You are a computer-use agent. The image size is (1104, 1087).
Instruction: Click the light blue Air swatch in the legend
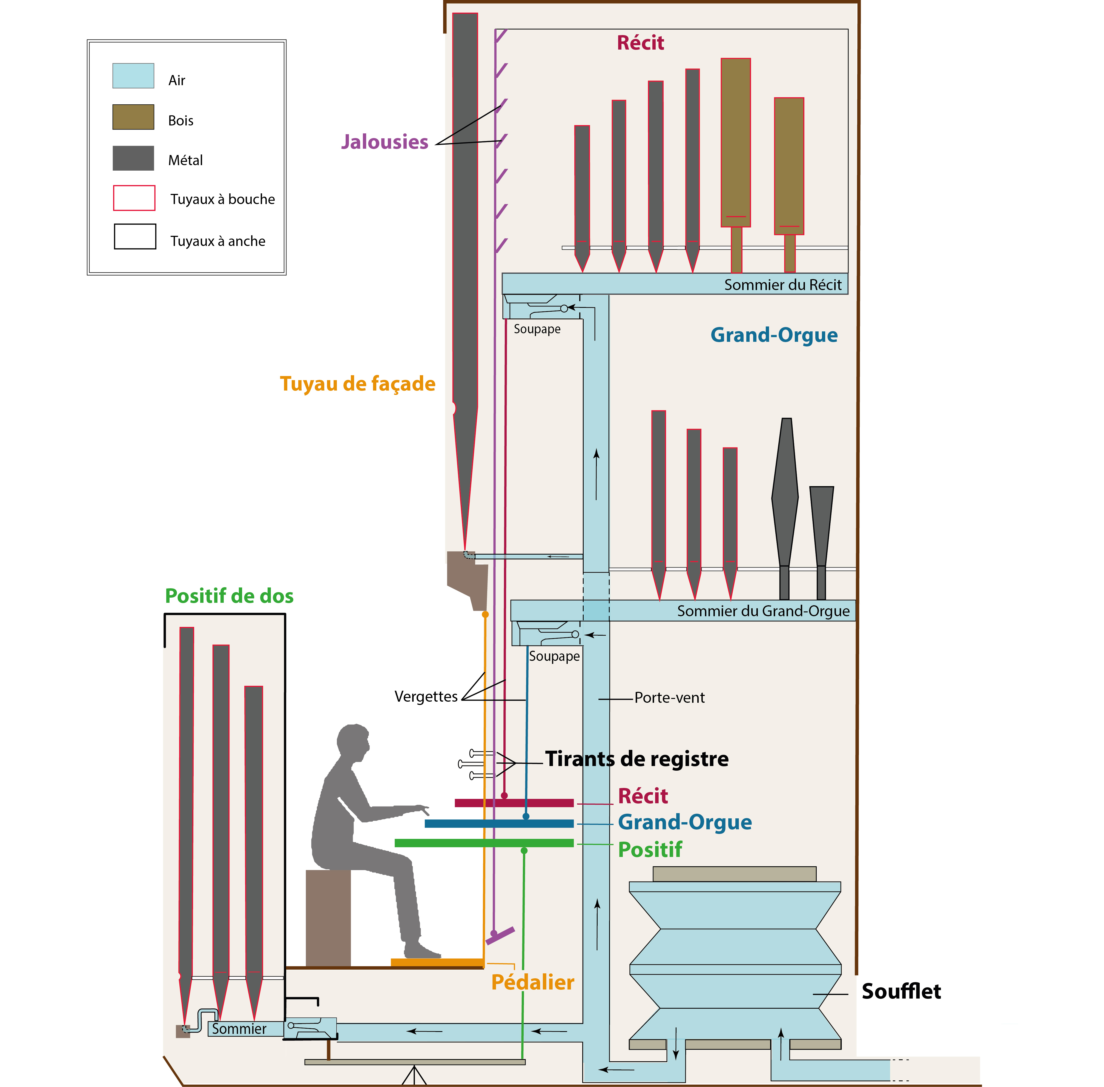point(133,76)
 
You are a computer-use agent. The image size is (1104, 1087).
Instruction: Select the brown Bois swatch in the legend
point(133,117)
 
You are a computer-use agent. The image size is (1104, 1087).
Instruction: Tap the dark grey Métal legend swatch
point(133,158)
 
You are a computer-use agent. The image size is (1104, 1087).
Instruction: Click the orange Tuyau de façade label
point(357,384)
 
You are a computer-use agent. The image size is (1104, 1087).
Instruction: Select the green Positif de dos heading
point(229,596)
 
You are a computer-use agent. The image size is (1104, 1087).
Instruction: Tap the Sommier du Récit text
point(783,285)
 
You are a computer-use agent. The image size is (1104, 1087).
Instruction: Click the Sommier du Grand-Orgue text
point(763,612)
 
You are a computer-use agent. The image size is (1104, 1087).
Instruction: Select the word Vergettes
point(426,696)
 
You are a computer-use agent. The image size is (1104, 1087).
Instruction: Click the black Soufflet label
point(901,992)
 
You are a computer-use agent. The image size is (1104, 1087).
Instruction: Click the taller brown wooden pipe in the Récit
point(735,143)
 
